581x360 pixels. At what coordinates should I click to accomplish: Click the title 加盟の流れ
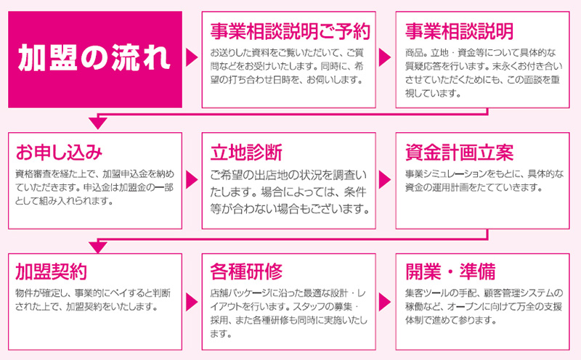[x=94, y=58]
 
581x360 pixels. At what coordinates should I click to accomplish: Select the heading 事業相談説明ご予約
[x=290, y=31]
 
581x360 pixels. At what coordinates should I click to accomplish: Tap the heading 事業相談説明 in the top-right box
[x=460, y=31]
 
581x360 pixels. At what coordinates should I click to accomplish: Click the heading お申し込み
[x=59, y=152]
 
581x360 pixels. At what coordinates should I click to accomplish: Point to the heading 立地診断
[x=246, y=152]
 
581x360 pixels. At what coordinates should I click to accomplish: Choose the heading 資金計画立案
[x=460, y=152]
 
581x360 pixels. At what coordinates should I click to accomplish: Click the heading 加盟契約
[x=52, y=271]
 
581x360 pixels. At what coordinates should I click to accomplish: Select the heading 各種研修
[x=246, y=271]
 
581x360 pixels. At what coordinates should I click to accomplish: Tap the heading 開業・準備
[x=450, y=271]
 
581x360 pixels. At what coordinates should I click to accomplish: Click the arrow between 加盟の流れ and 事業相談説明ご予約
[x=191, y=57]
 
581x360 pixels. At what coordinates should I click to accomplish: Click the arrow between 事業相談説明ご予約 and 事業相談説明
[x=385, y=57]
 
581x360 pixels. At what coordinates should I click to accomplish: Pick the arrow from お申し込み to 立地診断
[x=191, y=179]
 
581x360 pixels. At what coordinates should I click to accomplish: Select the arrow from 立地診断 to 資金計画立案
[x=385, y=179]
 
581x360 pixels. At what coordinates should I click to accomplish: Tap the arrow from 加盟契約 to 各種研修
[x=191, y=301]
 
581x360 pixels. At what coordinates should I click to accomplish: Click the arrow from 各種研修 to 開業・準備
[x=385, y=301]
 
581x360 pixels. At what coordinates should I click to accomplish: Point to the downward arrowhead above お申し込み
[x=98, y=123]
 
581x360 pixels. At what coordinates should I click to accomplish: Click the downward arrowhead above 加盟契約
[x=98, y=247]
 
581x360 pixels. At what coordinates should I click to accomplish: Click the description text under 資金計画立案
[x=484, y=181]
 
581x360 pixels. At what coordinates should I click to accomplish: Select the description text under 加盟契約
[x=93, y=300]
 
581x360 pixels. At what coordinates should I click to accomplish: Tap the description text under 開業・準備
[x=484, y=306]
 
